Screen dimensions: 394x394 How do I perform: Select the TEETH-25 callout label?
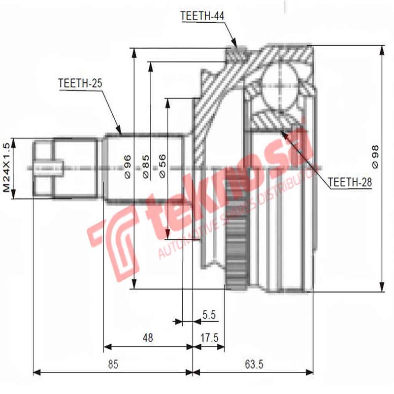click(x=80, y=83)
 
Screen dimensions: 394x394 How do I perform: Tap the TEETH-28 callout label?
click(x=349, y=182)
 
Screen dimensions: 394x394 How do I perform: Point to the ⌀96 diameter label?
click(x=127, y=166)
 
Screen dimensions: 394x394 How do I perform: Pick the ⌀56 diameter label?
click(x=163, y=166)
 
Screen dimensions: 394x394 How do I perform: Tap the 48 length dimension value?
click(x=147, y=338)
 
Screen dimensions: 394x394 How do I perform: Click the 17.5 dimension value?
click(x=209, y=338)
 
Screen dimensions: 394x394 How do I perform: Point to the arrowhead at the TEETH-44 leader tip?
click(x=236, y=47)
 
